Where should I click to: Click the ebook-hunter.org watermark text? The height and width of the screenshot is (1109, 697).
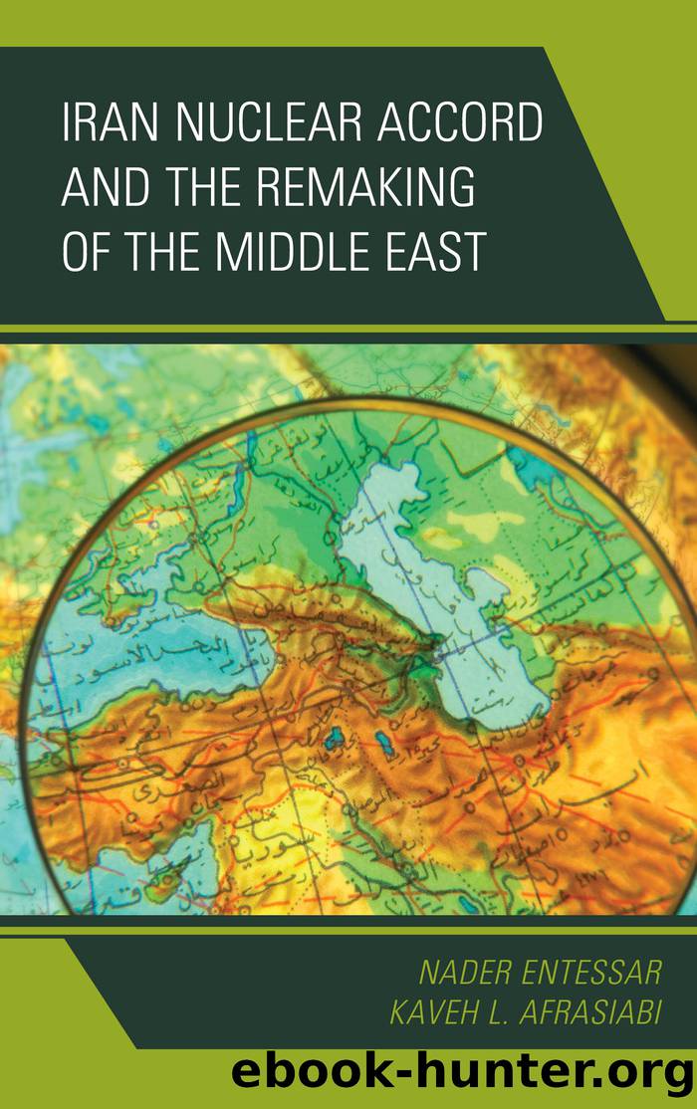[461, 1077]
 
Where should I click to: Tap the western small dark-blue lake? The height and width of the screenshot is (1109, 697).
[336, 738]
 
